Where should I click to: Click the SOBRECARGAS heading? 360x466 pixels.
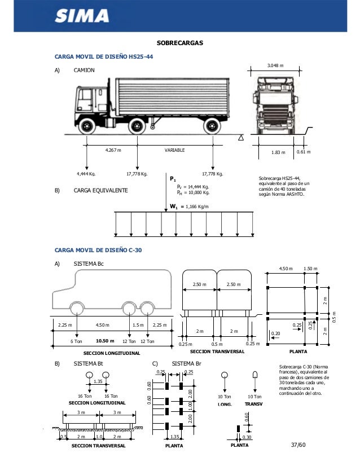click(x=179, y=43)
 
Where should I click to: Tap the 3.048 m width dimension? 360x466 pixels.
click(x=275, y=65)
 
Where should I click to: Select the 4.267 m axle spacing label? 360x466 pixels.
click(x=113, y=151)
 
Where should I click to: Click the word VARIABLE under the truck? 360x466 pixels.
click(x=174, y=151)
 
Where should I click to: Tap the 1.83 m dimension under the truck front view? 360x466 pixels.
click(x=278, y=152)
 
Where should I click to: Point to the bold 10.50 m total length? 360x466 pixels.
click(x=105, y=341)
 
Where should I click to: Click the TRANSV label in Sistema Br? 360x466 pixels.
click(x=255, y=405)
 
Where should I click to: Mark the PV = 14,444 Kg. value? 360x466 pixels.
click(x=193, y=186)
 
